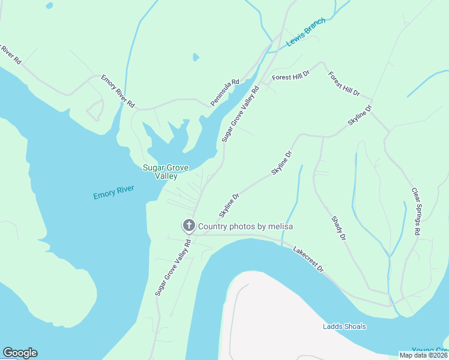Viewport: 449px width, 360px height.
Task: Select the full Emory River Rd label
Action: click(x=118, y=91)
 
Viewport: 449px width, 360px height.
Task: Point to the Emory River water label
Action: click(x=113, y=193)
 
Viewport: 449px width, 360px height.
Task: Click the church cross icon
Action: click(x=188, y=226)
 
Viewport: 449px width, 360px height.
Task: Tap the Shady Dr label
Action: click(x=339, y=229)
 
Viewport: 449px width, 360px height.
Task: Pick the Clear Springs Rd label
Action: click(x=416, y=211)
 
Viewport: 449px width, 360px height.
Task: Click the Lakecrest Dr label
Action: click(x=308, y=259)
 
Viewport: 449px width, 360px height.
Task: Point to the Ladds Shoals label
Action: click(x=344, y=326)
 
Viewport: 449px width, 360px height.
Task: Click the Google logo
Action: click(x=20, y=353)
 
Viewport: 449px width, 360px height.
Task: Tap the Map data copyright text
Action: click(x=423, y=355)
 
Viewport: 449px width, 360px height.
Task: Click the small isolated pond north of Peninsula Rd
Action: click(x=196, y=58)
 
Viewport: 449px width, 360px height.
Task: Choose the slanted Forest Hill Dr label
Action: click(x=343, y=84)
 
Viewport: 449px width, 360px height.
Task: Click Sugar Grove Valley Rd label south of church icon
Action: click(x=173, y=268)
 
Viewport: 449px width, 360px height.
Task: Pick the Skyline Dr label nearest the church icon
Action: click(x=229, y=205)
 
